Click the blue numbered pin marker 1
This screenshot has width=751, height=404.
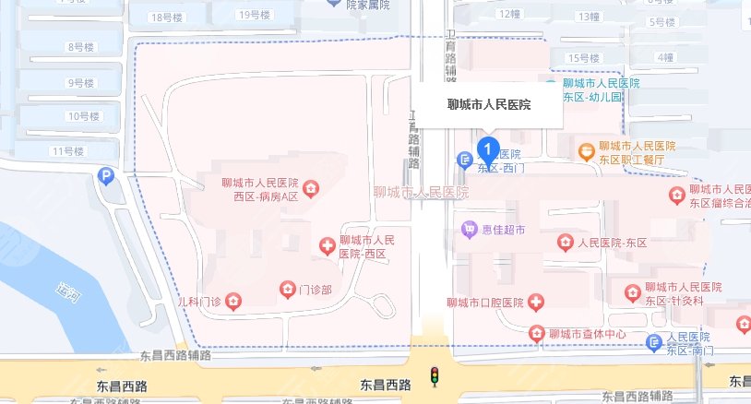pyautogui.click(x=488, y=148)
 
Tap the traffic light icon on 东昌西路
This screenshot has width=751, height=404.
pyautogui.click(x=434, y=375)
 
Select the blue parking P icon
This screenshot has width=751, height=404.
pyautogui.click(x=107, y=175)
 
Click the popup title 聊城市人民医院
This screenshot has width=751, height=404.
pyautogui.click(x=488, y=105)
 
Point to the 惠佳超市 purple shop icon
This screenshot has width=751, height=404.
pyautogui.click(x=470, y=228)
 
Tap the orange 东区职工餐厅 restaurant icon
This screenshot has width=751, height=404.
pyautogui.click(x=585, y=150)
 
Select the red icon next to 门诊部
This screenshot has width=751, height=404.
pyautogui.click(x=287, y=291)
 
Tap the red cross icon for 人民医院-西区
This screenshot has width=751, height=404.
pyautogui.click(x=326, y=245)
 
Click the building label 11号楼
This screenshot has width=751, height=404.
pyautogui.click(x=69, y=150)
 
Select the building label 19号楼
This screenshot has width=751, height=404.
pyautogui.click(x=254, y=15)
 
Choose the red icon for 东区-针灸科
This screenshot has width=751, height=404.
pyautogui.click(x=632, y=292)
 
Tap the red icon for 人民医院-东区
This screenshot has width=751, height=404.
pyautogui.click(x=565, y=243)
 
